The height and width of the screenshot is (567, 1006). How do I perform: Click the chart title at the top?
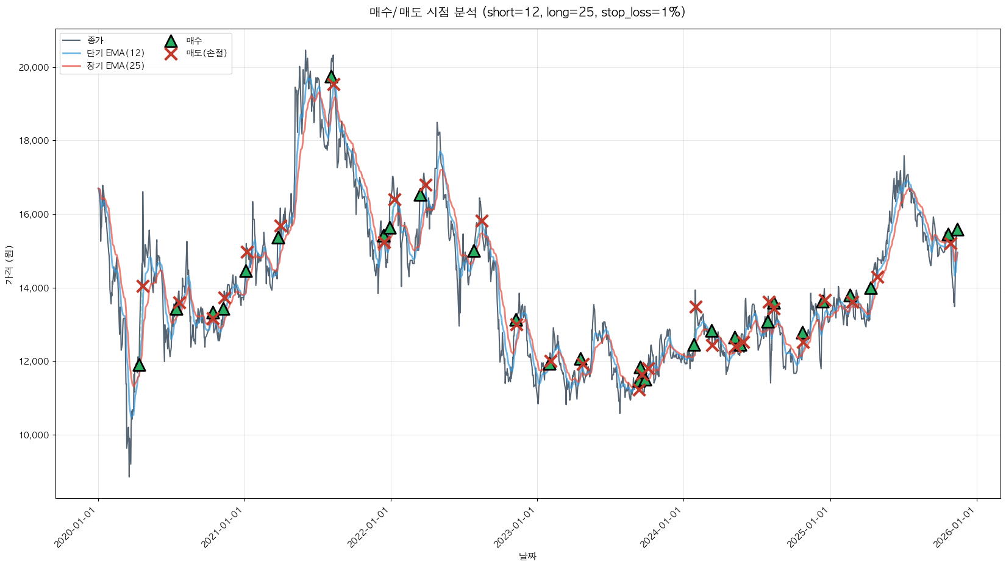coord(527,12)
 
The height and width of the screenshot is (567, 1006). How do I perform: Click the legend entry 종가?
coord(95,40)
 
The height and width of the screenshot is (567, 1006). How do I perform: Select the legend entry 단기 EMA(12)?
coord(115,53)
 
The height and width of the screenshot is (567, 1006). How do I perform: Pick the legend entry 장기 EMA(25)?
coord(115,66)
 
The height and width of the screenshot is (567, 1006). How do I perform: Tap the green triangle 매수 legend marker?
coord(171,41)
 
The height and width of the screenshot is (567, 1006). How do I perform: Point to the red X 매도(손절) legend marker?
coord(171,54)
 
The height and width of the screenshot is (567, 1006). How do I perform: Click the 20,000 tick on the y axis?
coord(34,67)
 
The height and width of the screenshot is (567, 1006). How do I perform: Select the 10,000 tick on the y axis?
coord(34,435)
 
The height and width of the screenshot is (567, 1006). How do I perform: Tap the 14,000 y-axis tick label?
coord(34,288)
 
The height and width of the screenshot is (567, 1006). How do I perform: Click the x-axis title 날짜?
coord(527,556)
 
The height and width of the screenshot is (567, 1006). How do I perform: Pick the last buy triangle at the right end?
coord(957,230)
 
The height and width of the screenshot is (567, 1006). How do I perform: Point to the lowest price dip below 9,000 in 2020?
coord(129,476)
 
